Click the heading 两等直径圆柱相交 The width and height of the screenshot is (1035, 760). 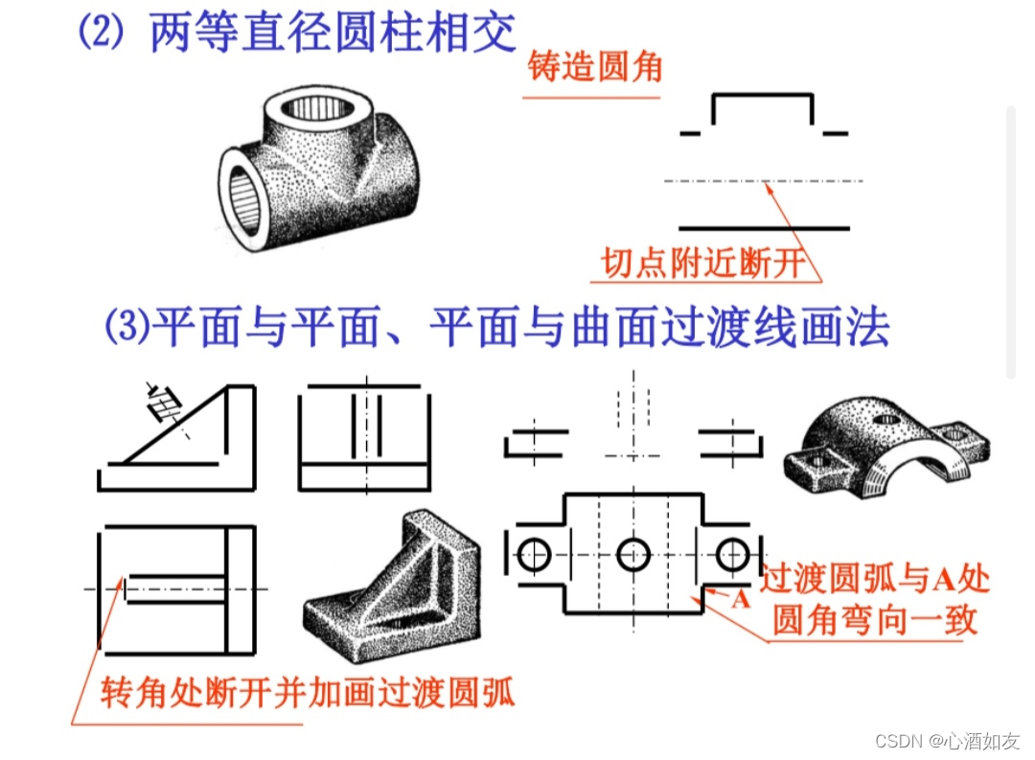333,32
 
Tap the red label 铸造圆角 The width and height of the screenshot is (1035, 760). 595,67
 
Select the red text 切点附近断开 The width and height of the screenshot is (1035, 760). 703,263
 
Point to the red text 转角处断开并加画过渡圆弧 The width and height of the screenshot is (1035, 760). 308,692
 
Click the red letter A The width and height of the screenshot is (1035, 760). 741,600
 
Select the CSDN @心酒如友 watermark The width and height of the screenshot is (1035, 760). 947,741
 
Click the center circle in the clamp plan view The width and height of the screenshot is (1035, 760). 633,555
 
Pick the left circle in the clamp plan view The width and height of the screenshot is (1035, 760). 534,555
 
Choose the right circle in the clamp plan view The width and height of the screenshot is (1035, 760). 732,555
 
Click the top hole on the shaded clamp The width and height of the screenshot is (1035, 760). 885,419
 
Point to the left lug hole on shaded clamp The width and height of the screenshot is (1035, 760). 817,460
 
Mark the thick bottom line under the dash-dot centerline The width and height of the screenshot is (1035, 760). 764,228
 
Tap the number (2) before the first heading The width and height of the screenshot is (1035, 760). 102,32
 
